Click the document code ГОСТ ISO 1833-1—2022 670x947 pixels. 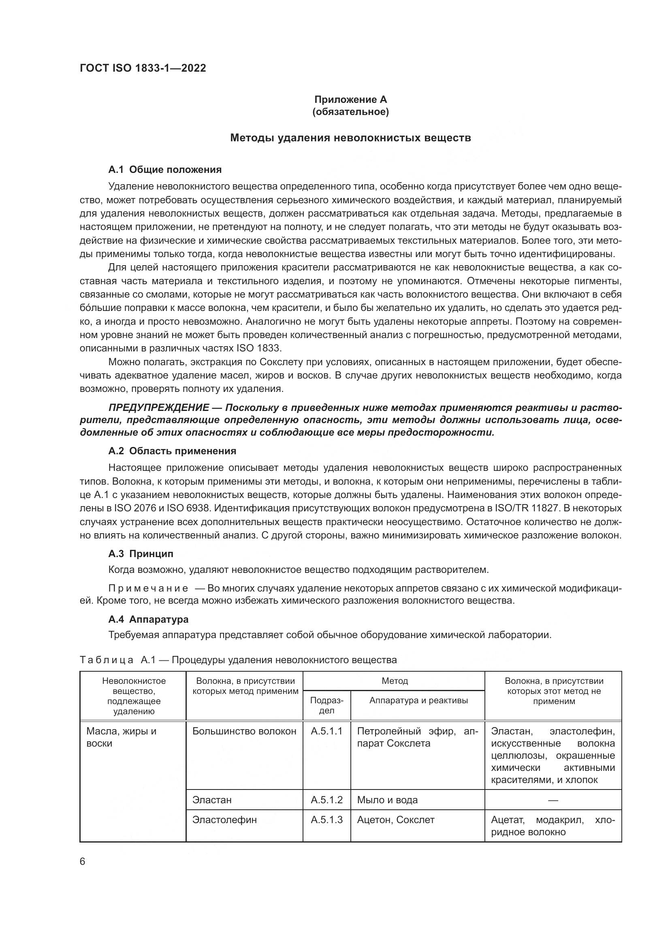(x=142, y=68)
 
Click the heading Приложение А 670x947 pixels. (x=350, y=100)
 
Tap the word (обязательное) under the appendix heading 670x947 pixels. (x=350, y=112)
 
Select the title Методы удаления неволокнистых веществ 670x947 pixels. (x=350, y=138)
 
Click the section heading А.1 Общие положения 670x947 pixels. (x=164, y=170)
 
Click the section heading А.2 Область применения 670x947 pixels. (x=172, y=451)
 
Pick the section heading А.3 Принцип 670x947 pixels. (x=141, y=553)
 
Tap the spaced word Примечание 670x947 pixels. (x=148, y=588)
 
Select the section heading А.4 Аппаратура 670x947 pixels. (x=148, y=619)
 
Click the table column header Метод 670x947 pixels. (x=395, y=681)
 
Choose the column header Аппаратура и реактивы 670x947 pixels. (x=418, y=700)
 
